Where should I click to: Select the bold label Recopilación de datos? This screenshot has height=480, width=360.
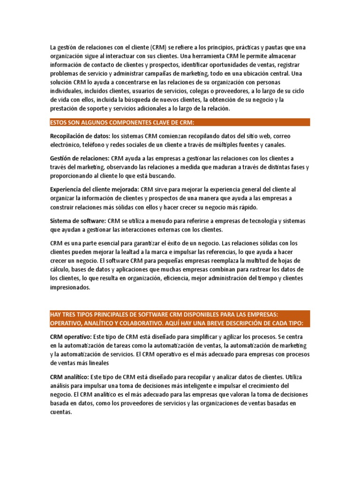(80, 136)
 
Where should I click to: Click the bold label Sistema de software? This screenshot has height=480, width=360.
(78, 221)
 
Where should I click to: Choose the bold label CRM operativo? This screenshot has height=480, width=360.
(71, 337)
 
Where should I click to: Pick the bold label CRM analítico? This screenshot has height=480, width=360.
(69, 376)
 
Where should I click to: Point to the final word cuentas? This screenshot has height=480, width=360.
(61, 412)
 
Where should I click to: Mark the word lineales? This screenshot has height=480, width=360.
(108, 363)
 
